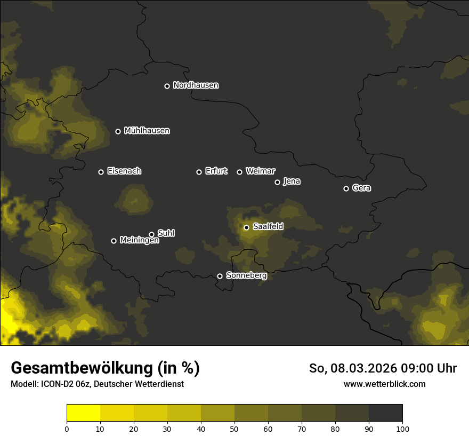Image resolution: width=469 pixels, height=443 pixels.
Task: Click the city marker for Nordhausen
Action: pyautogui.click(x=167, y=86)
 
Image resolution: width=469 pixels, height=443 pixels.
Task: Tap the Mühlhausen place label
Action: pyautogui.click(x=147, y=131)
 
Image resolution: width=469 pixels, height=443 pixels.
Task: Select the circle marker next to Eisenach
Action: pyautogui.click(x=101, y=172)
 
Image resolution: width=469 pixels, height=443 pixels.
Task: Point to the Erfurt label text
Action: pyautogui.click(x=216, y=171)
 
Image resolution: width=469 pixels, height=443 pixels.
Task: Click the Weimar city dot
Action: pyautogui.click(x=239, y=172)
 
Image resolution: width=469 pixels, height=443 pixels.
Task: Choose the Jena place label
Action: pyautogui.click(x=292, y=181)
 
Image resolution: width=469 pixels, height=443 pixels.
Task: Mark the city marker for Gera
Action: pyautogui.click(x=346, y=188)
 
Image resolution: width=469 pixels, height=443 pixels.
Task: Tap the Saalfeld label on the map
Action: pyautogui.click(x=268, y=227)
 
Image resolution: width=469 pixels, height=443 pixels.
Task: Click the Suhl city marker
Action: pyautogui.click(x=151, y=234)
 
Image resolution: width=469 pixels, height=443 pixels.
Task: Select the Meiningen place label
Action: pyautogui.click(x=139, y=241)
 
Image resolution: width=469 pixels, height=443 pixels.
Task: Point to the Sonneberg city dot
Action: pyautogui.click(x=220, y=276)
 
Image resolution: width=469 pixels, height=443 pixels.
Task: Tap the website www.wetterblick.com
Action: pyautogui.click(x=384, y=384)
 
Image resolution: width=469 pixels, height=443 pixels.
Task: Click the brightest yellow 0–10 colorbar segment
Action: pyautogui.click(x=83, y=413)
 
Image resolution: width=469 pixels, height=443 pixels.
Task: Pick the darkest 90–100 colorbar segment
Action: pyautogui.click(x=385, y=413)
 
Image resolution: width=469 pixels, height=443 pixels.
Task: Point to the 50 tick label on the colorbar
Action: pyautogui.click(x=234, y=429)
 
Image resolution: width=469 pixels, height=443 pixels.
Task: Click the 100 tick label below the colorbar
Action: pyautogui.click(x=402, y=429)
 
